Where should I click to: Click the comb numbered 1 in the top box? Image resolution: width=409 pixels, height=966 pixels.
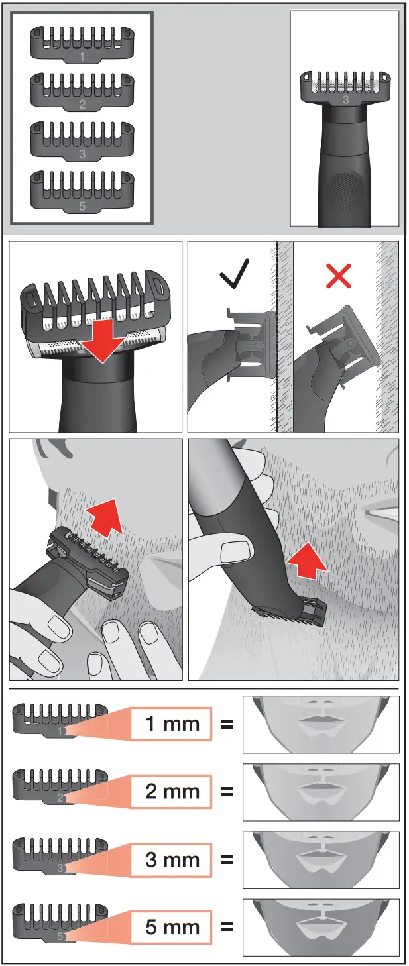click(82, 45)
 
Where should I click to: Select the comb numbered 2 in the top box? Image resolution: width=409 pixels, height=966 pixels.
click(82, 93)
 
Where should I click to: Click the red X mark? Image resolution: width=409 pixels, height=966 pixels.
click(339, 276)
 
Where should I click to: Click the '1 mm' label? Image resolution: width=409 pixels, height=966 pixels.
click(172, 724)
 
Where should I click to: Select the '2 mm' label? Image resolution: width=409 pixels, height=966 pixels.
click(172, 791)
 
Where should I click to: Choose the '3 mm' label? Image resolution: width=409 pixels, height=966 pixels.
click(172, 860)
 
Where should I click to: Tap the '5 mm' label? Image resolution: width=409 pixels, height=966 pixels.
click(172, 927)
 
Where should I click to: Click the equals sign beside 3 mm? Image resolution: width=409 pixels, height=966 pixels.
click(227, 860)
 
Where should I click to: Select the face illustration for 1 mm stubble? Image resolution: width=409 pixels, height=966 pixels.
click(321, 724)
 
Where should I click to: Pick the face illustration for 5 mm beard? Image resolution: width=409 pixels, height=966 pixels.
click(321, 927)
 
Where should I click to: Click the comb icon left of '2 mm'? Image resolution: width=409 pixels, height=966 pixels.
click(60, 786)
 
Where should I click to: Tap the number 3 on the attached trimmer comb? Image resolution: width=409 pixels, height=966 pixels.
click(345, 100)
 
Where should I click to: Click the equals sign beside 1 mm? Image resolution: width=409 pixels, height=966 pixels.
click(227, 724)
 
